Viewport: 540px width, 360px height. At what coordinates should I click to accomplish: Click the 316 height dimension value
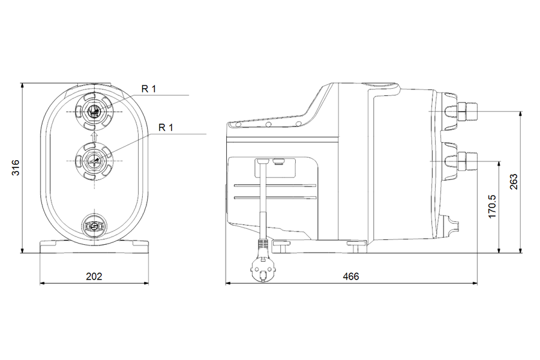click(16, 167)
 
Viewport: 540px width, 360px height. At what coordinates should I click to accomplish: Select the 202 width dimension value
click(94, 276)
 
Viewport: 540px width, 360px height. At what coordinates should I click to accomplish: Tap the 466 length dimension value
click(351, 276)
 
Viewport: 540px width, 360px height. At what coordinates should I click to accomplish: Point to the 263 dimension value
click(514, 182)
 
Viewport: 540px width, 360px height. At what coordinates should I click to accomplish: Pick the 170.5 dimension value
click(493, 206)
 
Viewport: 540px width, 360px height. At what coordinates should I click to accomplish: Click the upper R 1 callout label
click(149, 89)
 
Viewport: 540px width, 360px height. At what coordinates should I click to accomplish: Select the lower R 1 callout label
click(166, 127)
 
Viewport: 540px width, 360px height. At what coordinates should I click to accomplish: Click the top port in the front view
click(94, 112)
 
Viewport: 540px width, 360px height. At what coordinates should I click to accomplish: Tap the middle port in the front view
click(94, 161)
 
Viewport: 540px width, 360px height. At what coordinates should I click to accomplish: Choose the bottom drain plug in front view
click(94, 226)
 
